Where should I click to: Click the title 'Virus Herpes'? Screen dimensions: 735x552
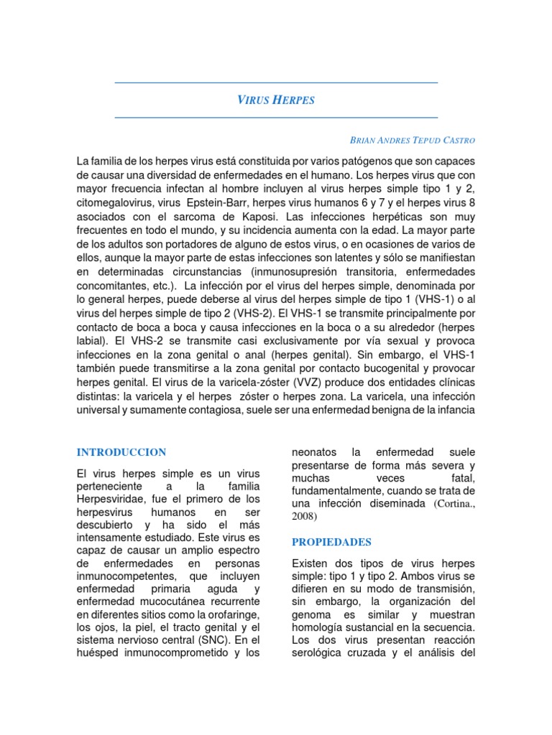276,100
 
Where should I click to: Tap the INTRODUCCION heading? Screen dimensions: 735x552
121,452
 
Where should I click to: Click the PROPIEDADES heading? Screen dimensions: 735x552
331,542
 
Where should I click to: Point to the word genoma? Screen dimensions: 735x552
314,614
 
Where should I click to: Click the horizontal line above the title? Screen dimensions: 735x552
276,83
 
